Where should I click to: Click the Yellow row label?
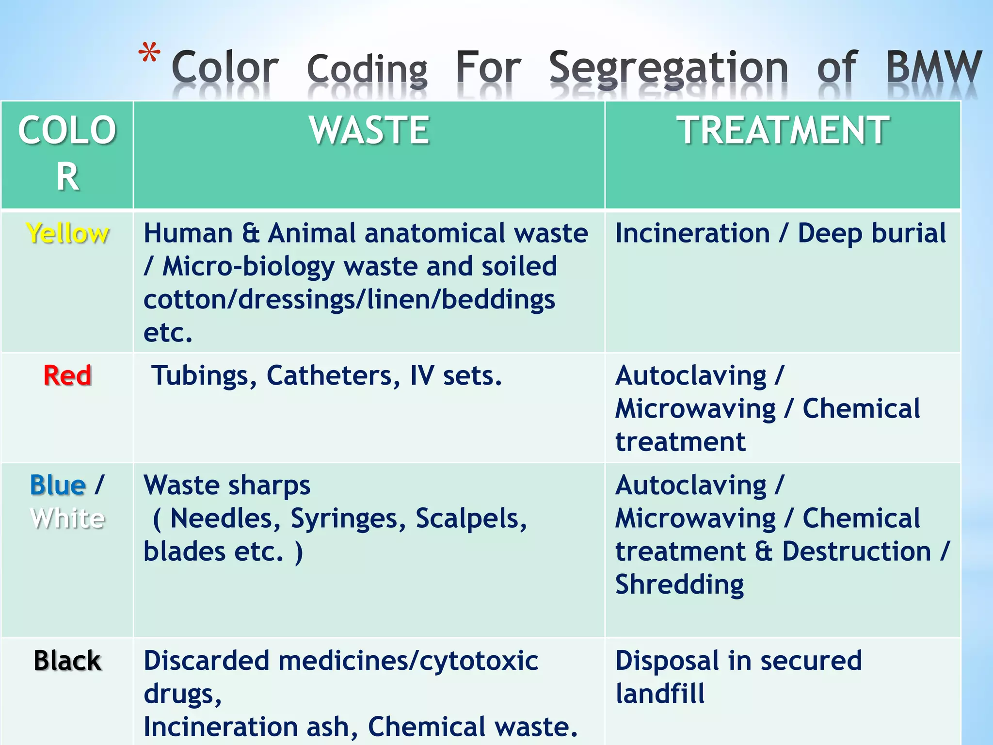pos(67,233)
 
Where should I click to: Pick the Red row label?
pos(67,375)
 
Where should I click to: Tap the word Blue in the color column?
pos(58,485)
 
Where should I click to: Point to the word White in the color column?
pos(67,518)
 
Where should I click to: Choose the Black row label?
pos(67,661)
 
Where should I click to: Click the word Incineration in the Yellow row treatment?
pos(692,233)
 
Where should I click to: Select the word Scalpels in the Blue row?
pos(471,518)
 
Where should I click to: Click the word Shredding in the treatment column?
pos(679,585)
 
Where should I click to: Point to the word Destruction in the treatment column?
pos(856,551)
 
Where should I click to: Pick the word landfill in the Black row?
pos(660,694)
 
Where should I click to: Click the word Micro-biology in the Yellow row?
pos(248,267)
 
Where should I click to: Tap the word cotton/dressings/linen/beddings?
pos(349,299)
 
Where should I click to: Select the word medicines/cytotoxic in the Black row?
pos(408,661)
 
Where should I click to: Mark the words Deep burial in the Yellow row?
pos(871,233)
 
